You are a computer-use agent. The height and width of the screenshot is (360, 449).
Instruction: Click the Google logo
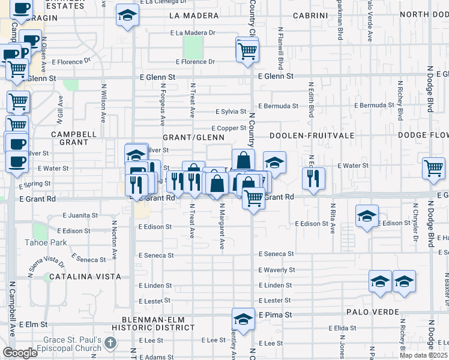click(20, 353)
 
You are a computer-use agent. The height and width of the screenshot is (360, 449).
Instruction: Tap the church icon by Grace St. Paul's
click(109, 343)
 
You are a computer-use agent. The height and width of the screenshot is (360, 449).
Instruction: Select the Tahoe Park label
click(46, 242)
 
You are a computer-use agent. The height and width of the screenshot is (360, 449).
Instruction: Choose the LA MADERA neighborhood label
click(194, 15)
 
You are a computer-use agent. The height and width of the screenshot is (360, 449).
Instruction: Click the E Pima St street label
click(275, 314)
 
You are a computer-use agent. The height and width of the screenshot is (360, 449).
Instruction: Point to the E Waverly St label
click(276, 270)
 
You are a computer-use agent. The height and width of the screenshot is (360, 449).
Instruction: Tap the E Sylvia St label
click(231, 112)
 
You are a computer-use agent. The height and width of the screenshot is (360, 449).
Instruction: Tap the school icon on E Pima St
click(243, 319)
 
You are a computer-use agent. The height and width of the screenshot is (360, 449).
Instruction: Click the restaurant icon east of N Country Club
click(313, 178)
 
